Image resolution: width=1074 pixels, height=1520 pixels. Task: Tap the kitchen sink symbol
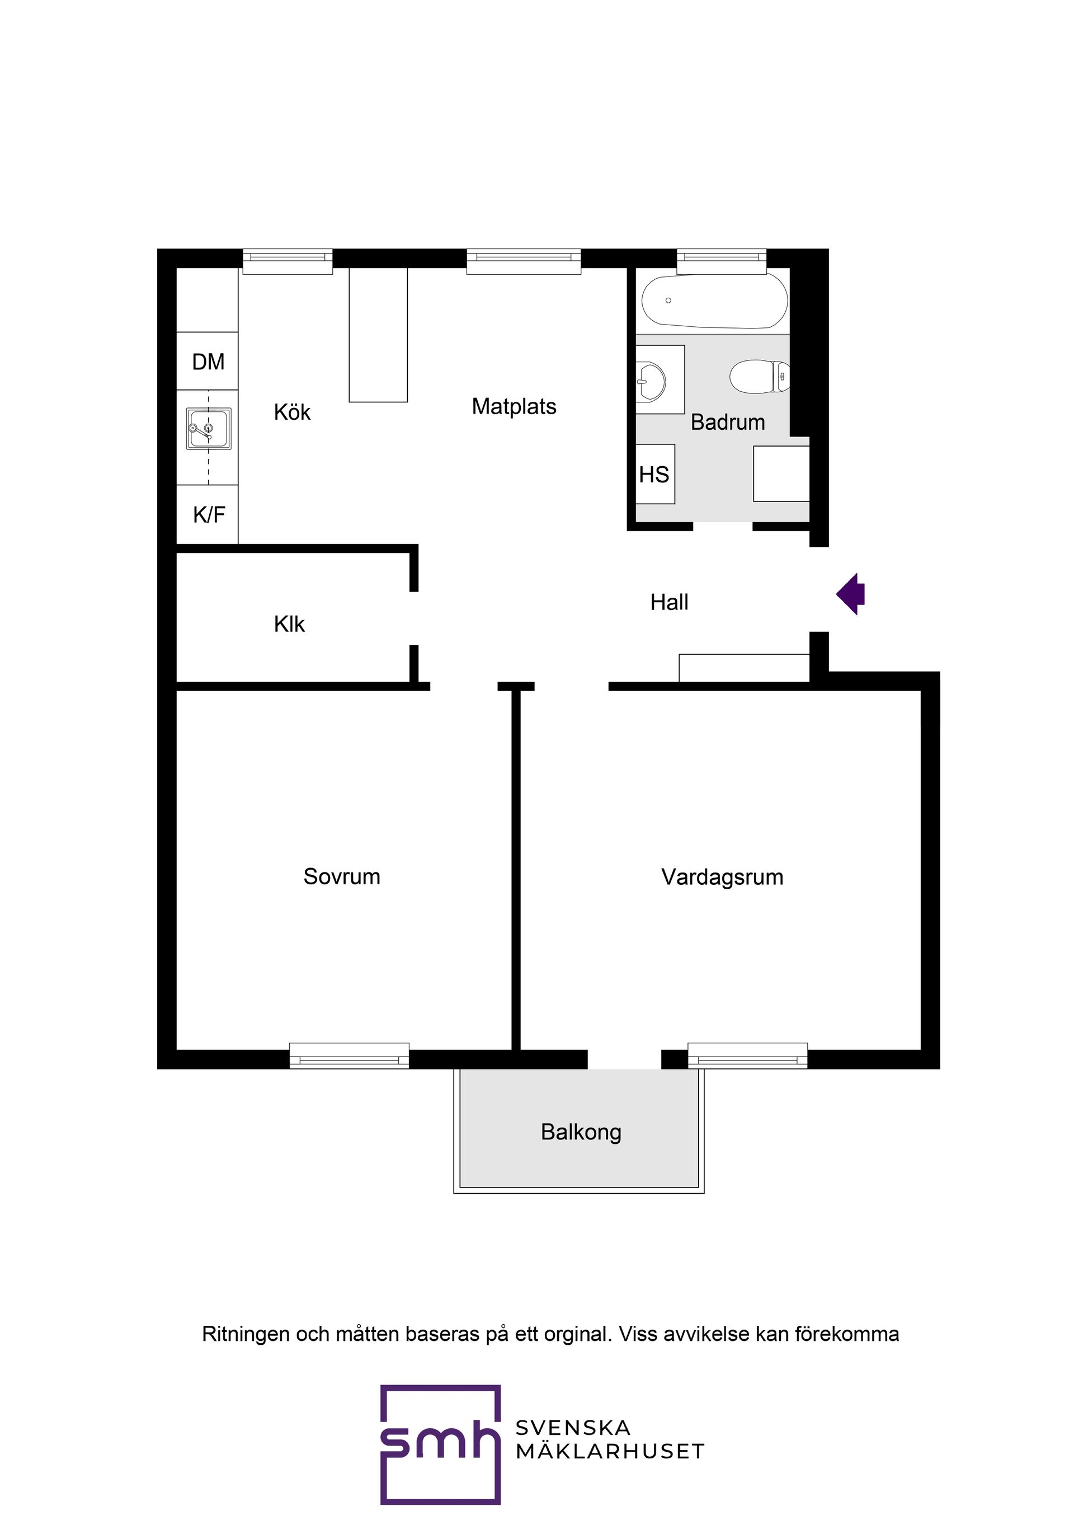tap(209, 429)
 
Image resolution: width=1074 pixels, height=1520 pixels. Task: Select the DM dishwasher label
tap(209, 362)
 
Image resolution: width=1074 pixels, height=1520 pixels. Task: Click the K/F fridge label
tap(209, 514)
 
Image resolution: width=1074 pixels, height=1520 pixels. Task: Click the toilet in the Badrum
tap(760, 376)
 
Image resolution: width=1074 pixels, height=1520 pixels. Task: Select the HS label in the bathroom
tap(654, 475)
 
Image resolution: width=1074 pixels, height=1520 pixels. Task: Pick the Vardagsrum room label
tap(722, 877)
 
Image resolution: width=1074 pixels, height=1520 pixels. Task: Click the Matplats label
tap(514, 406)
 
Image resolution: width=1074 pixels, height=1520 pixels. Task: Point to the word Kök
tap(292, 412)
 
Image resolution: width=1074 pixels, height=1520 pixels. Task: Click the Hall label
tap(669, 602)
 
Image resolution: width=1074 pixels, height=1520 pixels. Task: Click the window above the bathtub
tap(721, 261)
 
